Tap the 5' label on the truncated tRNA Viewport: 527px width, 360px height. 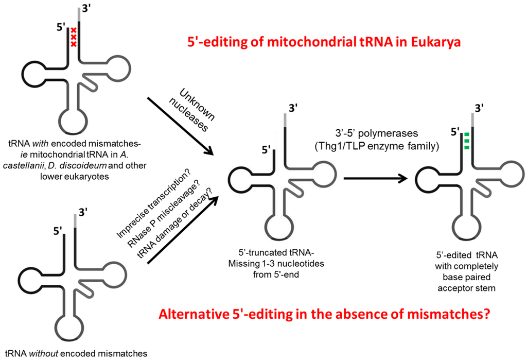click(267, 151)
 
